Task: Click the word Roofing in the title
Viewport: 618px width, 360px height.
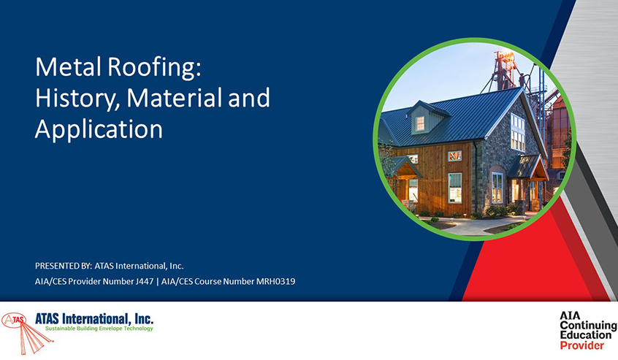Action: point(154,68)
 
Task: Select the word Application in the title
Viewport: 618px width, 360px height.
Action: point(99,130)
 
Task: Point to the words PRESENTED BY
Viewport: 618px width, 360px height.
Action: point(64,266)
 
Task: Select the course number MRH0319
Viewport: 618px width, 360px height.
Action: point(275,282)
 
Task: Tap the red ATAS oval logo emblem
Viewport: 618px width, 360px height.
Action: point(13,320)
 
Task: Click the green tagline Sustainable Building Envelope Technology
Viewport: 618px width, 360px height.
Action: point(99,329)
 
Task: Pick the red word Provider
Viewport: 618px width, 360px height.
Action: point(581,346)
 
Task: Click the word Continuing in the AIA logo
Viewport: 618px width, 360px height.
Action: point(589,326)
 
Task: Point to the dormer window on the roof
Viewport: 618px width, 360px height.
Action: point(420,123)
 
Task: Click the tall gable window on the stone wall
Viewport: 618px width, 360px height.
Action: point(518,132)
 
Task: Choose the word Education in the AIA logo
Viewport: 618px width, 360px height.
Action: point(586,335)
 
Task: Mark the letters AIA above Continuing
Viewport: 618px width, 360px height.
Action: point(570,315)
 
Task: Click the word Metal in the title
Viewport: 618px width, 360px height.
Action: point(69,67)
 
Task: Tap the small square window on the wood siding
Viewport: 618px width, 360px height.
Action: point(454,156)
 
